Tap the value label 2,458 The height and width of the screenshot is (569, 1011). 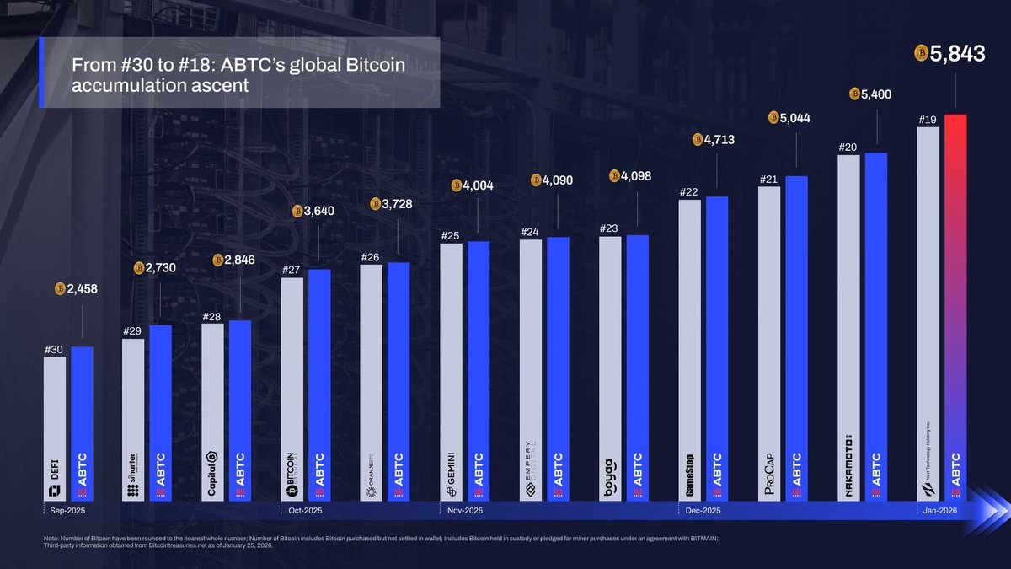82,289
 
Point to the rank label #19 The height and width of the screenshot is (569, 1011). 927,121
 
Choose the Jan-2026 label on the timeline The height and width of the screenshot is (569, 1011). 939,511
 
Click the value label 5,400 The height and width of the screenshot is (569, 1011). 875,94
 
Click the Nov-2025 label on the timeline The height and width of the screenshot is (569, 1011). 463,511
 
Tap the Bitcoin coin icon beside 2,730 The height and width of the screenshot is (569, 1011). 140,268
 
